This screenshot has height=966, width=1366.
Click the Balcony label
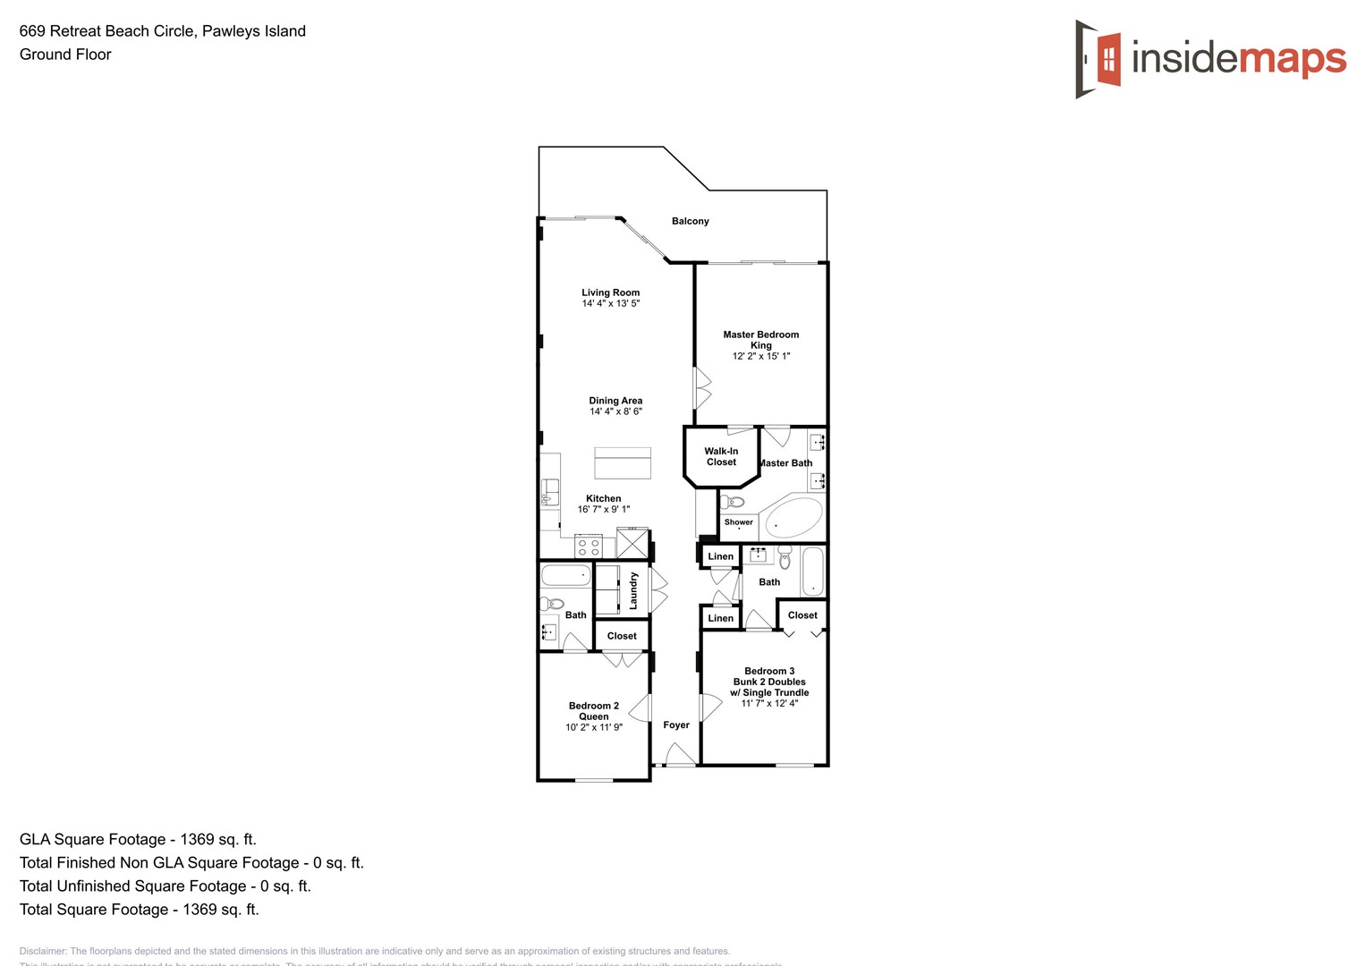[x=690, y=221]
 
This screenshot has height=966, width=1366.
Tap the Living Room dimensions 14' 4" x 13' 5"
[x=610, y=304]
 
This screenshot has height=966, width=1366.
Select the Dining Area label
[x=615, y=401]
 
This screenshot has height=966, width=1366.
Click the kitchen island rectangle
[x=623, y=462]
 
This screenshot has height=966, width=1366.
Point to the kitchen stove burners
[x=589, y=547]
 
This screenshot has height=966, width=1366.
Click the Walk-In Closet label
[x=721, y=456]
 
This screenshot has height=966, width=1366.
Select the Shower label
[x=738, y=522]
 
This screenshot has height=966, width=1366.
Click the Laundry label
[x=633, y=590]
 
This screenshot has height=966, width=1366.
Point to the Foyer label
[x=676, y=725]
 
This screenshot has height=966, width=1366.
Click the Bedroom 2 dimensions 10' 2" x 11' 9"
[x=594, y=727]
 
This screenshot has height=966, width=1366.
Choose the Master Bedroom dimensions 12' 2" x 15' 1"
[x=761, y=356]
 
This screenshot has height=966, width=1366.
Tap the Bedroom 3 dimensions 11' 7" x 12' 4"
[x=769, y=703]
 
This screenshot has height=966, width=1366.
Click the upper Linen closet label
[x=720, y=556]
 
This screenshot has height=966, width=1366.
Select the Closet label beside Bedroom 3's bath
[x=802, y=615]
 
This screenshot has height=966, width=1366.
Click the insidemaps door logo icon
[x=1098, y=59]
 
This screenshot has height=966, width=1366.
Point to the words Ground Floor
[x=65, y=55]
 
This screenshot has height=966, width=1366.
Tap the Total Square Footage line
[x=140, y=910]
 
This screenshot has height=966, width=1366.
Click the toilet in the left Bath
[x=553, y=604]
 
